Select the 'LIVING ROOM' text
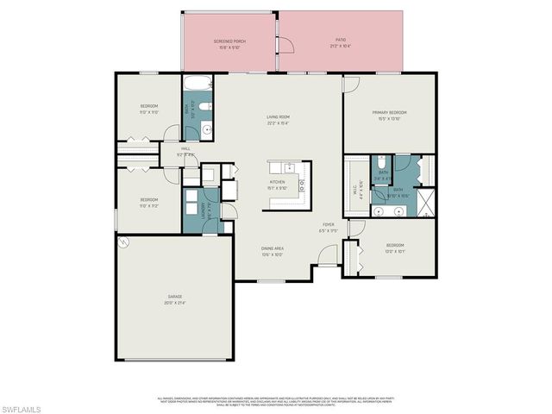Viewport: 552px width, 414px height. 277,116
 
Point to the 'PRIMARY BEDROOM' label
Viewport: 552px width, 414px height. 389,113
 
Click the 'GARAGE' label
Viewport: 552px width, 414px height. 175,298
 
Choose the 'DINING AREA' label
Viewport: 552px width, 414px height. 273,248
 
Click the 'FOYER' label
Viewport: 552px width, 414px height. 329,226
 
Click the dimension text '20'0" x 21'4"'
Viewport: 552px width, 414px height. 175,304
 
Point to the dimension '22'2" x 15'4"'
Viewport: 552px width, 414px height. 277,122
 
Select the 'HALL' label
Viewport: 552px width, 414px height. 185,148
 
